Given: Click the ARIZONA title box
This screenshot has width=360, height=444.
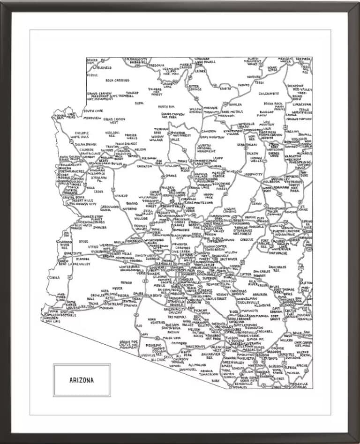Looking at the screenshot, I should pos(82,380).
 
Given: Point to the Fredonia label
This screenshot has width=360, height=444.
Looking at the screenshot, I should pos(157,65).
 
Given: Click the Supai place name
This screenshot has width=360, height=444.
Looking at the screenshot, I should pos(139,103).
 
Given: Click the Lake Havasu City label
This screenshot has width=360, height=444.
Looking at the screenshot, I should pos(81,204).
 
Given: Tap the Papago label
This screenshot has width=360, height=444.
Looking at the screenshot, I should pos(126,282).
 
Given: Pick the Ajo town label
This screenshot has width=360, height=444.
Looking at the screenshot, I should pos(139,325).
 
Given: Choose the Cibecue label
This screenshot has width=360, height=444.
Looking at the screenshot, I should pos(247,239).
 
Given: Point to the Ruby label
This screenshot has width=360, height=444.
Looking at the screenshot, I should pos(216,381).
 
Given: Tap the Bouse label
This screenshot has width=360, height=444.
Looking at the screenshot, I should pos(83,241).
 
